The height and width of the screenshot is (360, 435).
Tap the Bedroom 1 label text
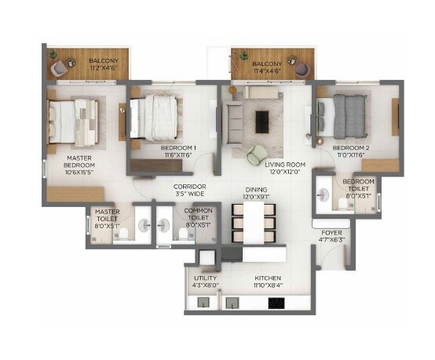[178, 147]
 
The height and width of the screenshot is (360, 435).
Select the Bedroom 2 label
[350, 147]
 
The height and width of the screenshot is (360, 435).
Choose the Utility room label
[205, 278]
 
